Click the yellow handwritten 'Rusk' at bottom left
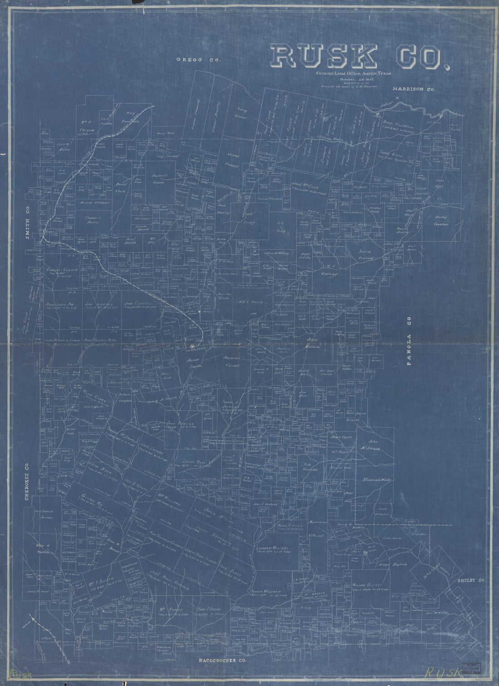(x=20, y=674)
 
